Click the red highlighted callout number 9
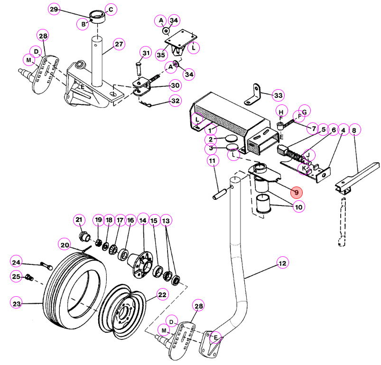tap(297, 193)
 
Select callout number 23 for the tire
tap(17, 304)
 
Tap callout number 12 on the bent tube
tap(283, 263)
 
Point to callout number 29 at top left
tap(54, 9)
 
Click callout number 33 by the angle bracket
tap(278, 95)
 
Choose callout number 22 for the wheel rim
tap(162, 295)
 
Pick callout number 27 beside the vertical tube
tap(119, 44)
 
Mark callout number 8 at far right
tap(354, 130)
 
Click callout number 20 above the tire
tap(65, 245)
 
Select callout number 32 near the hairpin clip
tap(176, 101)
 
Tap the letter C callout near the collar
tap(111, 9)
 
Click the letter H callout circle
tap(282, 112)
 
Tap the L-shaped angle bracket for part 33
tap(253, 95)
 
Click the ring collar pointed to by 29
tap(98, 17)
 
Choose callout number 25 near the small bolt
tap(16, 277)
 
